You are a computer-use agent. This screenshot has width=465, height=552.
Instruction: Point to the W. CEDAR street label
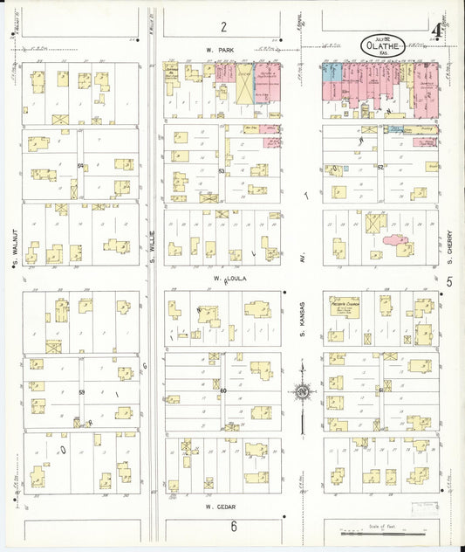tap(222, 506)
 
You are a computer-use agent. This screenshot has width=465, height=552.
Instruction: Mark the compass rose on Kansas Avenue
tap(302, 393)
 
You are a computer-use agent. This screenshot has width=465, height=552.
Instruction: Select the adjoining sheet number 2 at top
tap(223, 26)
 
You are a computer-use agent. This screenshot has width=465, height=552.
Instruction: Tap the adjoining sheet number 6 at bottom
tap(234, 526)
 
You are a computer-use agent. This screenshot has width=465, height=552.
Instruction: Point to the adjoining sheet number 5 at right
tap(450, 281)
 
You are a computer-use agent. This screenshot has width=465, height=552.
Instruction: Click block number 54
tap(80, 165)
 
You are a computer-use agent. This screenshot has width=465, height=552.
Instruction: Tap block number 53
tap(222, 172)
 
